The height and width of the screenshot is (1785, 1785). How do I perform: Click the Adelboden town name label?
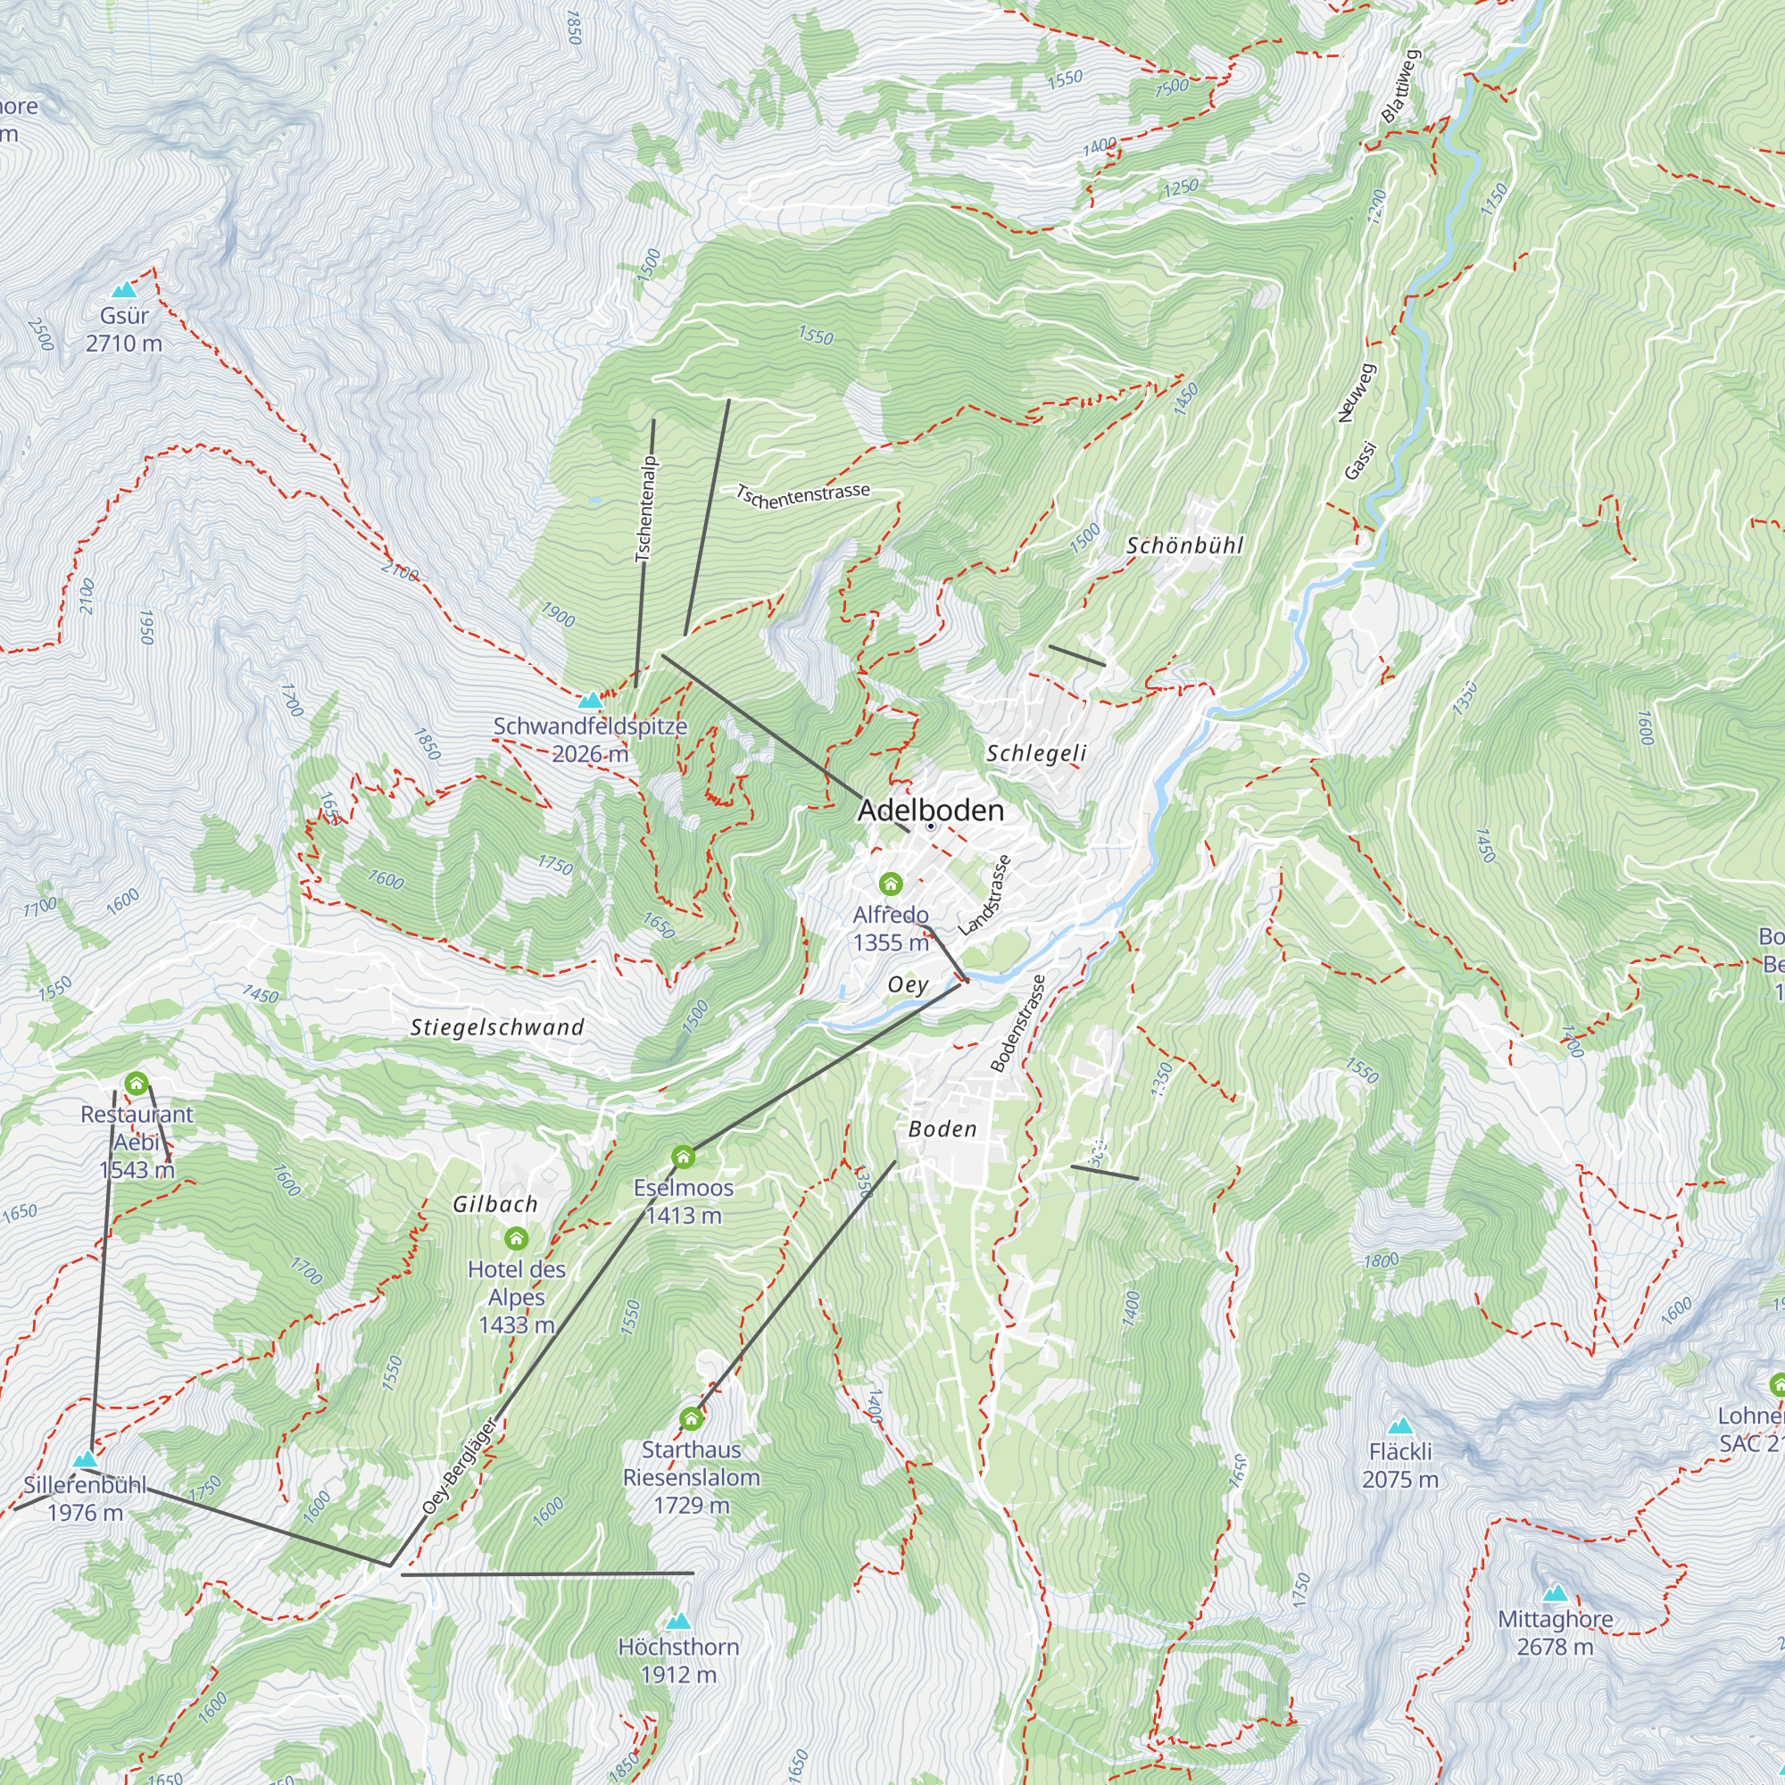coord(929,810)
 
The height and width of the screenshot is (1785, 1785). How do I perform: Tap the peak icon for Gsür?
coord(123,290)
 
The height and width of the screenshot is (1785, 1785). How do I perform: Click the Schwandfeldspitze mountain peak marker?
coord(589,702)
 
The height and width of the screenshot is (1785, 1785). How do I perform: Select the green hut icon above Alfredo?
coord(891,884)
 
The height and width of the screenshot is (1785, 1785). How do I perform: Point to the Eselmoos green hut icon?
coord(683,1157)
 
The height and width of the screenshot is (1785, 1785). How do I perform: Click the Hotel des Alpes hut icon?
coord(517,1238)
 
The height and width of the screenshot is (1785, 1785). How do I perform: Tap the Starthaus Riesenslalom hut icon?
coord(691,1418)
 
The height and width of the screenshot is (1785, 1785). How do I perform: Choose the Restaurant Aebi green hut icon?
coord(137,1083)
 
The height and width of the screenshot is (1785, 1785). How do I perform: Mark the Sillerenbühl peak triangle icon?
coord(85,1460)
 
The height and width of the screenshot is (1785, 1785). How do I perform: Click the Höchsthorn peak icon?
coord(679,1622)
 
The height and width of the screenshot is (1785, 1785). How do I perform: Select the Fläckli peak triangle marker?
coord(1400,1425)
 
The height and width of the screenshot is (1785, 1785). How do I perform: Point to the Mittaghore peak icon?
coord(1556,1594)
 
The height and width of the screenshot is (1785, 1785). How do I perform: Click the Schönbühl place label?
coord(1185,545)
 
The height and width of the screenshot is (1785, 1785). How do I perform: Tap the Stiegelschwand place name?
coord(497,1027)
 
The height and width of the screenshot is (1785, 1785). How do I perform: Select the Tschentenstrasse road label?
coord(803,495)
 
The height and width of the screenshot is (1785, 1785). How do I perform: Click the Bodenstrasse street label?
coord(1018,1024)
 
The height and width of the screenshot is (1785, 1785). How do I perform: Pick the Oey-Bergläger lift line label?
coord(459,1465)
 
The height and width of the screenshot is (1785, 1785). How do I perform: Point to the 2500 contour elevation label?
coord(41,335)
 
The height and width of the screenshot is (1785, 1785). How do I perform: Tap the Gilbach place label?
coord(495,1204)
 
